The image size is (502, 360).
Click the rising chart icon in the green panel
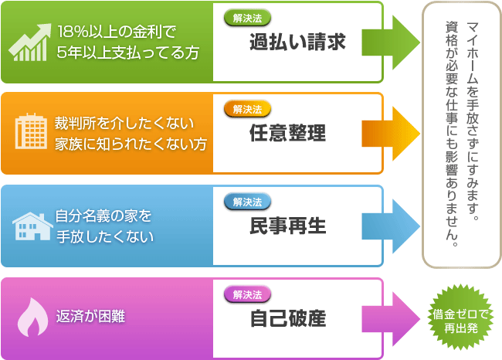click(x=30, y=42)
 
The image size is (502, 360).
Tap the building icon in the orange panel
click(x=31, y=131)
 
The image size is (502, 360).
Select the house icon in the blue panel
click(x=32, y=226)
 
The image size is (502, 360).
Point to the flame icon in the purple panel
click(x=32, y=317)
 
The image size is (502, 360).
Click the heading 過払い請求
click(x=297, y=42)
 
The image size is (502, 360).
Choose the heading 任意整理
click(x=287, y=133)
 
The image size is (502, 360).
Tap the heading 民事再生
click(x=287, y=226)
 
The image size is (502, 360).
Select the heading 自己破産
click(x=287, y=318)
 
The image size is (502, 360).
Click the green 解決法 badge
click(x=247, y=18)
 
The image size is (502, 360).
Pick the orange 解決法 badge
click(x=247, y=109)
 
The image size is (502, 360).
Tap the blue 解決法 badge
click(x=247, y=202)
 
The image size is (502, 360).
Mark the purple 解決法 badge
click(x=247, y=294)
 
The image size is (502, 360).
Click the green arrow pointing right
click(x=391, y=42)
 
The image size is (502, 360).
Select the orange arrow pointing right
click(x=391, y=134)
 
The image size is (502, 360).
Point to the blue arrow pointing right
click(x=391, y=226)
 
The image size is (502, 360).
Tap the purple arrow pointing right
click(x=391, y=319)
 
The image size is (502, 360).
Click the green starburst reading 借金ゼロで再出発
click(x=460, y=317)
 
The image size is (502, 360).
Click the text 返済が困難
click(x=90, y=317)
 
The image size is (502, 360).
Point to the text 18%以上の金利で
click(x=117, y=32)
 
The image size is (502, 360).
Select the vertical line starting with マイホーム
click(x=472, y=122)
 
